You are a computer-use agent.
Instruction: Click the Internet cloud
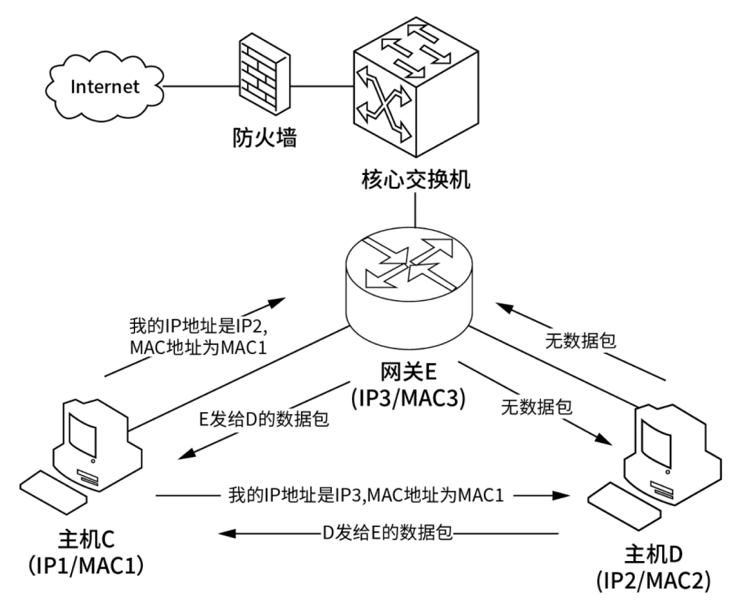(x=104, y=87)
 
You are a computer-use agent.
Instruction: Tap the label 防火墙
(x=265, y=138)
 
